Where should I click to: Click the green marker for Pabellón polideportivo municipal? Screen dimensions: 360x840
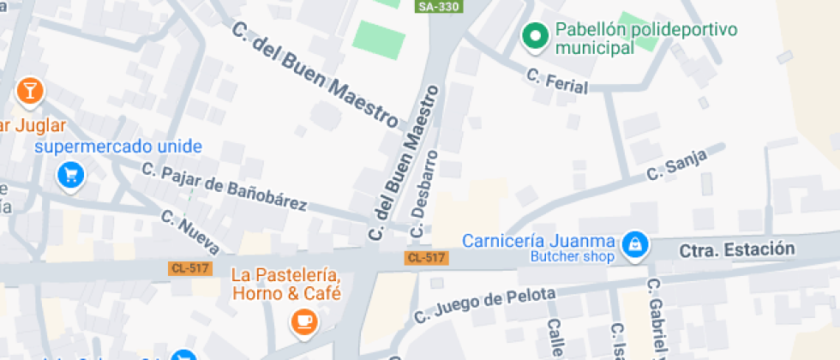coord(536,36)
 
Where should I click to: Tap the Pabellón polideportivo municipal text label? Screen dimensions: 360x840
coord(645,39)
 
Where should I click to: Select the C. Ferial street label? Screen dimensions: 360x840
coord(557,82)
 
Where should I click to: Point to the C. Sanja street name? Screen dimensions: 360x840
coord(676,165)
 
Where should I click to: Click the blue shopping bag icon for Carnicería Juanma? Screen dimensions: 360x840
coord(635,245)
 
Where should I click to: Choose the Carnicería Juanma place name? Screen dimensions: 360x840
coord(538,241)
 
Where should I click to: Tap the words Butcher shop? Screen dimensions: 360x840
coord(573,256)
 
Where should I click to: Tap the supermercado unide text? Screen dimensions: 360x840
coord(118,147)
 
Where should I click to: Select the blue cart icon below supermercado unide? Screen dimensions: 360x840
coord(71,176)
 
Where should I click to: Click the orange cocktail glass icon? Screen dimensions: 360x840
coord(29,90)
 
